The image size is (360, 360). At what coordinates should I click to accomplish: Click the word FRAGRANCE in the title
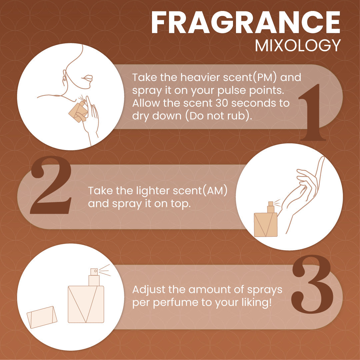(x=246, y=23)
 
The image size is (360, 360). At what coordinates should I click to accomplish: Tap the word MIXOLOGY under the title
(x=298, y=45)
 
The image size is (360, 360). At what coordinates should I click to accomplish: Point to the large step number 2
(x=51, y=185)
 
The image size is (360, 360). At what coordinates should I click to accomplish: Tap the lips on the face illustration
(x=87, y=78)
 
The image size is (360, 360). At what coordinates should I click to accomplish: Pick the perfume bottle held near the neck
(x=78, y=111)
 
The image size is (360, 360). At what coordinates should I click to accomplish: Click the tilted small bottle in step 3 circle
(x=42, y=317)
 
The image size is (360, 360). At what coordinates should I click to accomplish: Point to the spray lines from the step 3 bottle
(x=105, y=270)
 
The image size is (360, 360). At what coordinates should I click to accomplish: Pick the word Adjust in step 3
(x=149, y=290)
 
